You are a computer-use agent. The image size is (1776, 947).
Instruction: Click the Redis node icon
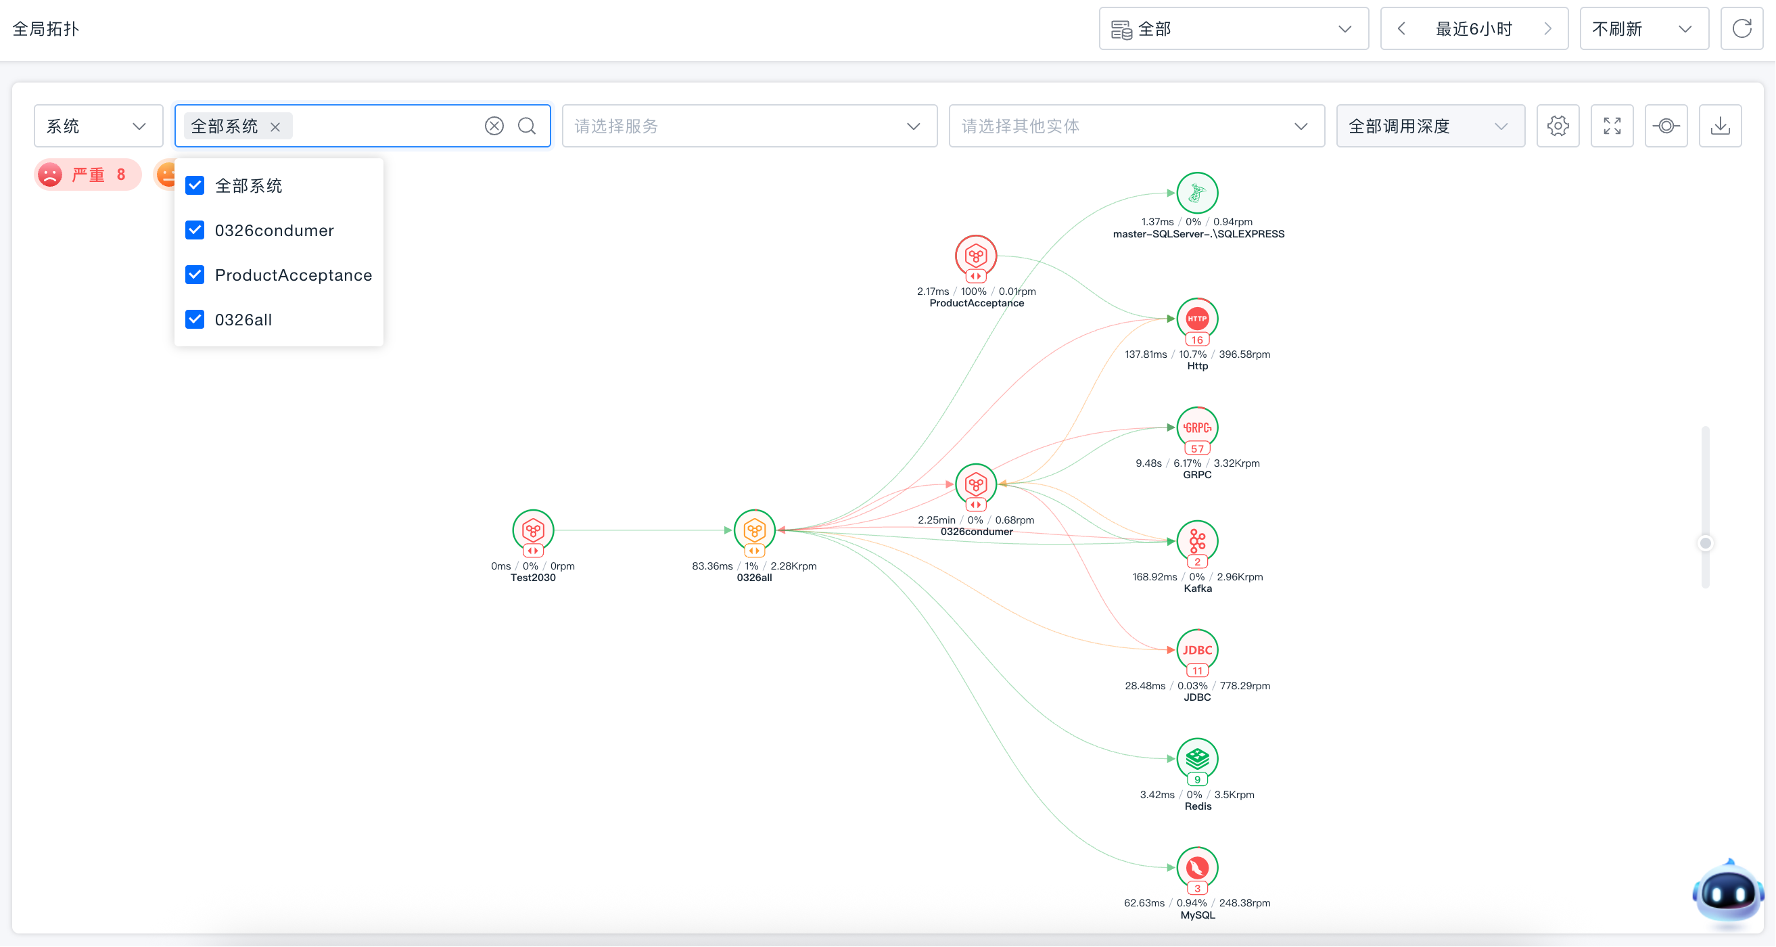1198,759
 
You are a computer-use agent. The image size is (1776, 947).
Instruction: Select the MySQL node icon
1198,868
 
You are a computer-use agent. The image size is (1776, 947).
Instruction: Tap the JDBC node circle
1198,650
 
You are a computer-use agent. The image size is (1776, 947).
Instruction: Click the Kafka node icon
1198,540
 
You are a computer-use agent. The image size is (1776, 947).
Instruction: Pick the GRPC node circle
1198,428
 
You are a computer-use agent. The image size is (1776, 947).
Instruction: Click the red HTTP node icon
1198,319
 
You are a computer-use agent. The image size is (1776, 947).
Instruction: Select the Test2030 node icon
533,530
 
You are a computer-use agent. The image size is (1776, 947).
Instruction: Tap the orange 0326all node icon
754,530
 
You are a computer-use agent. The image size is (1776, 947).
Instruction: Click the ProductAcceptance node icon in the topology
975,256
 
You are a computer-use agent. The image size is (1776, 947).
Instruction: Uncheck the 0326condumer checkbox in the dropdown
195,230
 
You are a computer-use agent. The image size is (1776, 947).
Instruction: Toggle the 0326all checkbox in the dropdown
195,319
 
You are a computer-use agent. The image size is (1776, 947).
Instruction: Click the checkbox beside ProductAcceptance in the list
195,275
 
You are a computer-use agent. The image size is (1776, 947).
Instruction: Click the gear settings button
1558,126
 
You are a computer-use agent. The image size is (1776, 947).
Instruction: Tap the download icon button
1721,126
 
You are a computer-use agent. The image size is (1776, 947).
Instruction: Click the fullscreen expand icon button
1612,126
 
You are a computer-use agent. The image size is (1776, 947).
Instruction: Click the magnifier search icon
528,126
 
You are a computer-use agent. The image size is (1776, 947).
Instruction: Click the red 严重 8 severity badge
87,175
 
